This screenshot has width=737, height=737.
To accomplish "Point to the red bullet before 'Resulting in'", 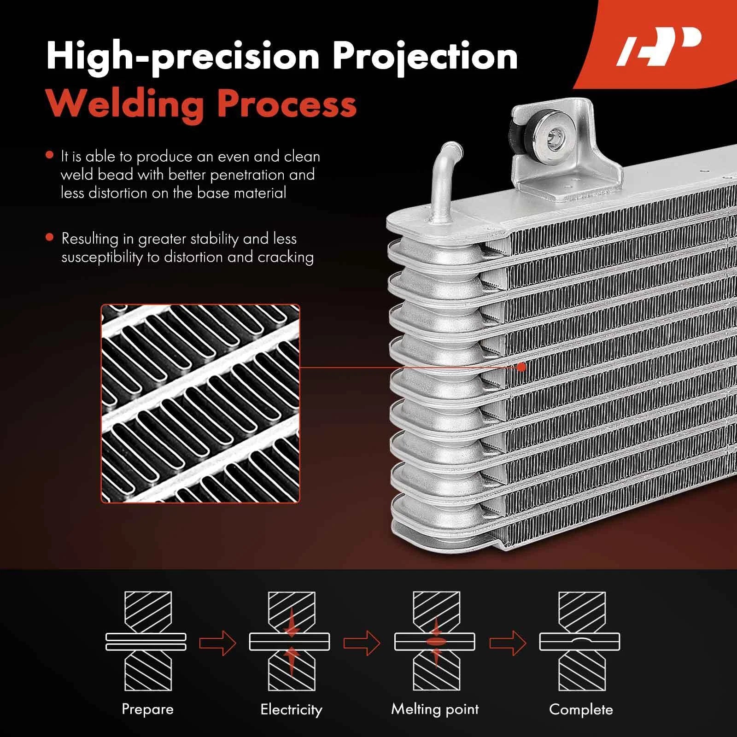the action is [x=50, y=237].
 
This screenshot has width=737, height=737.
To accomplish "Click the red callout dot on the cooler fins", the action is [x=521, y=367].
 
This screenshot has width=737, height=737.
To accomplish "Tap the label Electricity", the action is [x=291, y=709].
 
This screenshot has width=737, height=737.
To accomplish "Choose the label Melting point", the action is [x=435, y=709].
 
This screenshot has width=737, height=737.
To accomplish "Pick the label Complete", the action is [x=581, y=709].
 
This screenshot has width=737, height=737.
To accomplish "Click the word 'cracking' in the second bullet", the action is [x=286, y=257].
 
